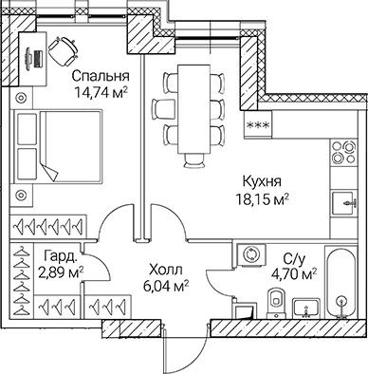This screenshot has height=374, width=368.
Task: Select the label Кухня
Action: coord(260,183)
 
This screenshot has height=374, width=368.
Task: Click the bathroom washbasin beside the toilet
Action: coord(306,307)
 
